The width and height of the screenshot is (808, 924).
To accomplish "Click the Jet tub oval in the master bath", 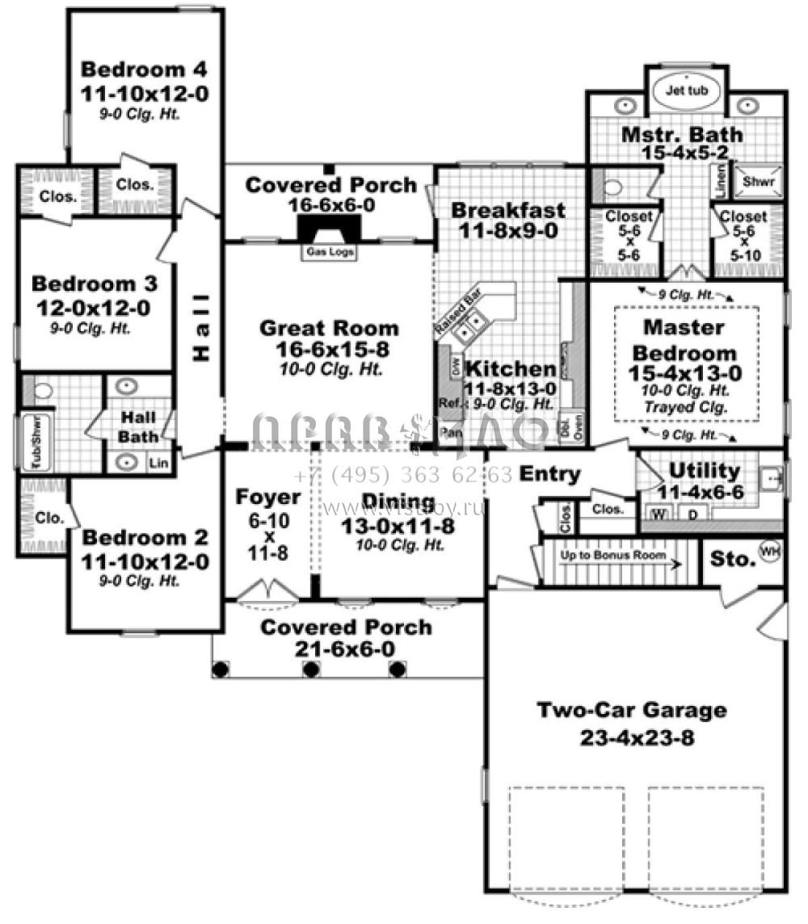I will pos(685,90).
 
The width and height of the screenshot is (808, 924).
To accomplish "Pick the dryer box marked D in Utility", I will pos(692,514).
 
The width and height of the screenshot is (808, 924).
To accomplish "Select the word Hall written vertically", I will pos(201,328).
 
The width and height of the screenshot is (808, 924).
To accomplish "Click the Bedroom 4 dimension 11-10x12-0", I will pos(145,94).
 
